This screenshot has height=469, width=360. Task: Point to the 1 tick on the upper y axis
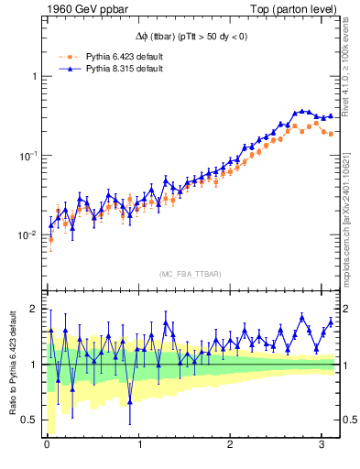[34, 76]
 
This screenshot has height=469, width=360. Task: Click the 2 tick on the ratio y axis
[34, 309]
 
